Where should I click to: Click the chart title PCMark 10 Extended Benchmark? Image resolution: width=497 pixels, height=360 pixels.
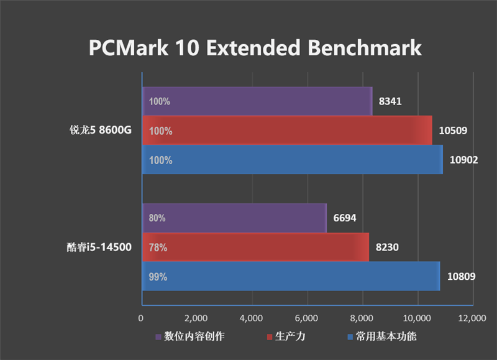255,48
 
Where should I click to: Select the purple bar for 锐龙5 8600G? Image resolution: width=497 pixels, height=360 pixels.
257,101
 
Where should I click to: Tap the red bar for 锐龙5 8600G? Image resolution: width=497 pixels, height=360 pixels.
287,131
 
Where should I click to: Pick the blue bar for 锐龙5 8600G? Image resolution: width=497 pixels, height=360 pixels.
293,160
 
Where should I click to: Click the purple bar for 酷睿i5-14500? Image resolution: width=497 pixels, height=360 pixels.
235,218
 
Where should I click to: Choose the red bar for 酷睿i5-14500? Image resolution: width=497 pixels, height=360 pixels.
256,247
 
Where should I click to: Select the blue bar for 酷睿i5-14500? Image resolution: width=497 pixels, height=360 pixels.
291,277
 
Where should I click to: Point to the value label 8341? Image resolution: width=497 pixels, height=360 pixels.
390,101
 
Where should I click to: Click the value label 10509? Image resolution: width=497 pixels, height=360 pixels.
452,131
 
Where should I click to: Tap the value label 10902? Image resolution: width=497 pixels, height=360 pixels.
463,160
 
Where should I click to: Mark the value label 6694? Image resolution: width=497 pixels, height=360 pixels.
344,218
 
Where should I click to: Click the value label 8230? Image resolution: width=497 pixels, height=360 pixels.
387,247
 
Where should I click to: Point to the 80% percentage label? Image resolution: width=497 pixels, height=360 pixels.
157,218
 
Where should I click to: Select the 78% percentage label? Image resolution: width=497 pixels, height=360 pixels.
158,247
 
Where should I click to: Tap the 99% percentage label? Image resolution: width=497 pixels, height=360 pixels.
158,277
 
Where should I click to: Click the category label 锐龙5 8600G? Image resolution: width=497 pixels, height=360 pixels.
101,131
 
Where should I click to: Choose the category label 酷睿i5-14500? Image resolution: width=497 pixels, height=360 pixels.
99,247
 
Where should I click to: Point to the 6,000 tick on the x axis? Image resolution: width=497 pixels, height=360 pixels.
307,318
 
